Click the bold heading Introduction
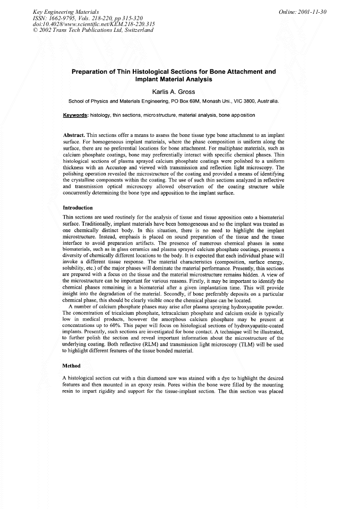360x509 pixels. coord(78,208)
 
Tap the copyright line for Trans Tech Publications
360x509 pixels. coord(92,30)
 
